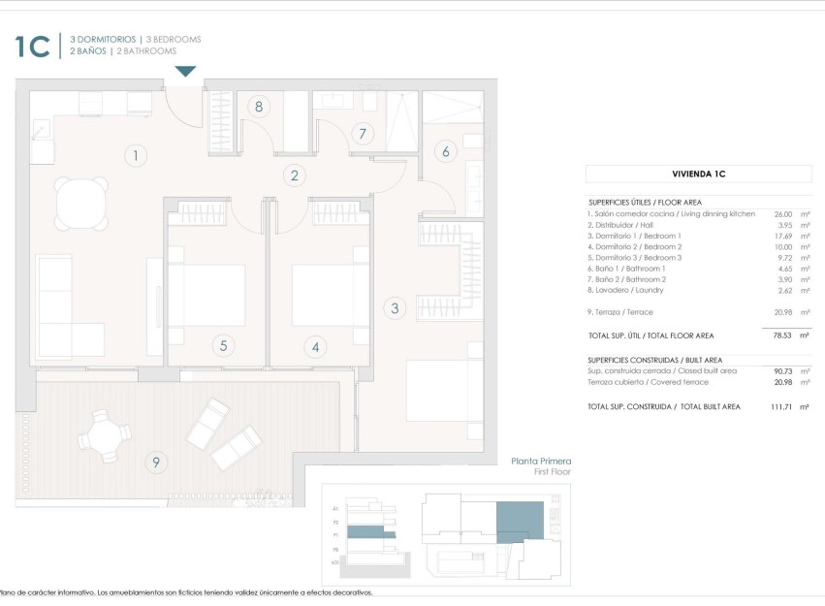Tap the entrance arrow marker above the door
(185, 72)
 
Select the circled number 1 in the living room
(136, 155)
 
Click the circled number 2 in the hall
(294, 175)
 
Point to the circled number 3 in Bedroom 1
(394, 309)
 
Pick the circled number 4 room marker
(314, 345)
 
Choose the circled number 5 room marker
(222, 345)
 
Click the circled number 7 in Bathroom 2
(363, 134)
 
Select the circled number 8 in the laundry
(258, 107)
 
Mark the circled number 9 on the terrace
(155, 462)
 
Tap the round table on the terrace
(103, 434)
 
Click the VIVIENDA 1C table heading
(699, 175)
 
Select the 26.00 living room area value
(782, 213)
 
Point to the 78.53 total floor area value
(782, 335)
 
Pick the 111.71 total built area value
(780, 407)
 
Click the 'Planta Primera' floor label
(541, 462)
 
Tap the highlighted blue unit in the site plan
(520, 521)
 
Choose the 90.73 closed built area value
(782, 371)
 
